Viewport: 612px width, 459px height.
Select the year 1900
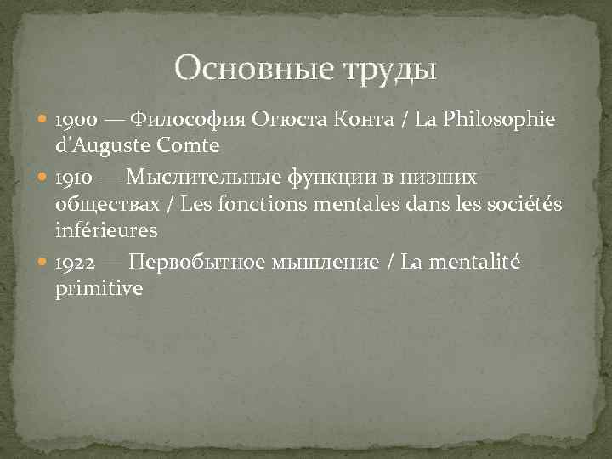(x=74, y=120)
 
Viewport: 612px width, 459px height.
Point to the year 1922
(x=75, y=263)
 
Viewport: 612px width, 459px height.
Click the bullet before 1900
(x=44, y=120)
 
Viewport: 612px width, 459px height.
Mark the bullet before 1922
(x=44, y=263)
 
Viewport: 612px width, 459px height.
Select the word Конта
(x=358, y=120)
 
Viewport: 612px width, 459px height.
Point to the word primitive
(x=98, y=289)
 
